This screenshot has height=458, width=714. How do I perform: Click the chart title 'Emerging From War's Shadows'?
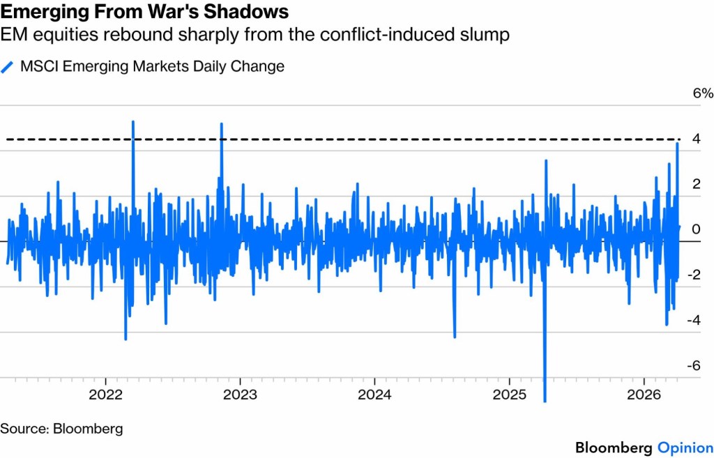tap(144, 13)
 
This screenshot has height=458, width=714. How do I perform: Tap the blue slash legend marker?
tap(8, 67)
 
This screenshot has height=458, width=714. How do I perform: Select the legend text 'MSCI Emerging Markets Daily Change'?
tap(152, 67)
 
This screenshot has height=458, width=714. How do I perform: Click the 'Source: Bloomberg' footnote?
tap(61, 428)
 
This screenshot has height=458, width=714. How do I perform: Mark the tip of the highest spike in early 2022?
tap(132, 122)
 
